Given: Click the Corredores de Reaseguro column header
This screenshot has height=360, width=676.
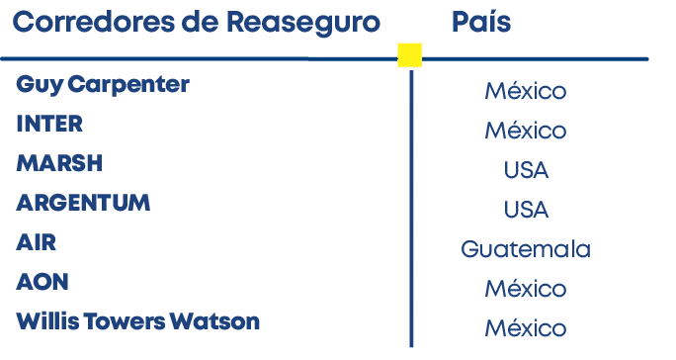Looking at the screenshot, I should (196, 22).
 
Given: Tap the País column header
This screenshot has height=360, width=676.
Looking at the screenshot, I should (481, 22).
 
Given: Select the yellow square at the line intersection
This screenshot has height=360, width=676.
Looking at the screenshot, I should (409, 55).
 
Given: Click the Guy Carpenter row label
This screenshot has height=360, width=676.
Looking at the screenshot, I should (102, 84).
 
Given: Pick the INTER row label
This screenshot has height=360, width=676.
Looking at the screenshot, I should (49, 124).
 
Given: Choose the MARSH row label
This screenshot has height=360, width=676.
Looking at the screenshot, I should (59, 163).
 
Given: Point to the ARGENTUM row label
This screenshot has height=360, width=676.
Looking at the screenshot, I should (83, 203).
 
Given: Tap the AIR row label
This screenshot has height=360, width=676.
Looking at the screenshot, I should (37, 242).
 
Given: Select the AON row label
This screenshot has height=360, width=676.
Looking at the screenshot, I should (42, 282).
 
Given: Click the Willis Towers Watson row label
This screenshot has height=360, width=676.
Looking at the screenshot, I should (138, 321).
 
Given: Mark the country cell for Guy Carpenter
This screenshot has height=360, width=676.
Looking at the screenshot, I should (525, 92).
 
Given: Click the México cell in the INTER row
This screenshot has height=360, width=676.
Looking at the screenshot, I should (525, 132).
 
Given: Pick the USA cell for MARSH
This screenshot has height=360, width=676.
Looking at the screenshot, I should (526, 171).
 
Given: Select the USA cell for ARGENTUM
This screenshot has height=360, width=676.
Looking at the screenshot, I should (526, 211).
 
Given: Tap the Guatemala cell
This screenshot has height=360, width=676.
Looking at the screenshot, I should (525, 250).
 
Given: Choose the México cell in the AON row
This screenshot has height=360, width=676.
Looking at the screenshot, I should (525, 290).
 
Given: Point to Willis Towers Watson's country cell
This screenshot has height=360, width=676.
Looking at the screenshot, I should (525, 328).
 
